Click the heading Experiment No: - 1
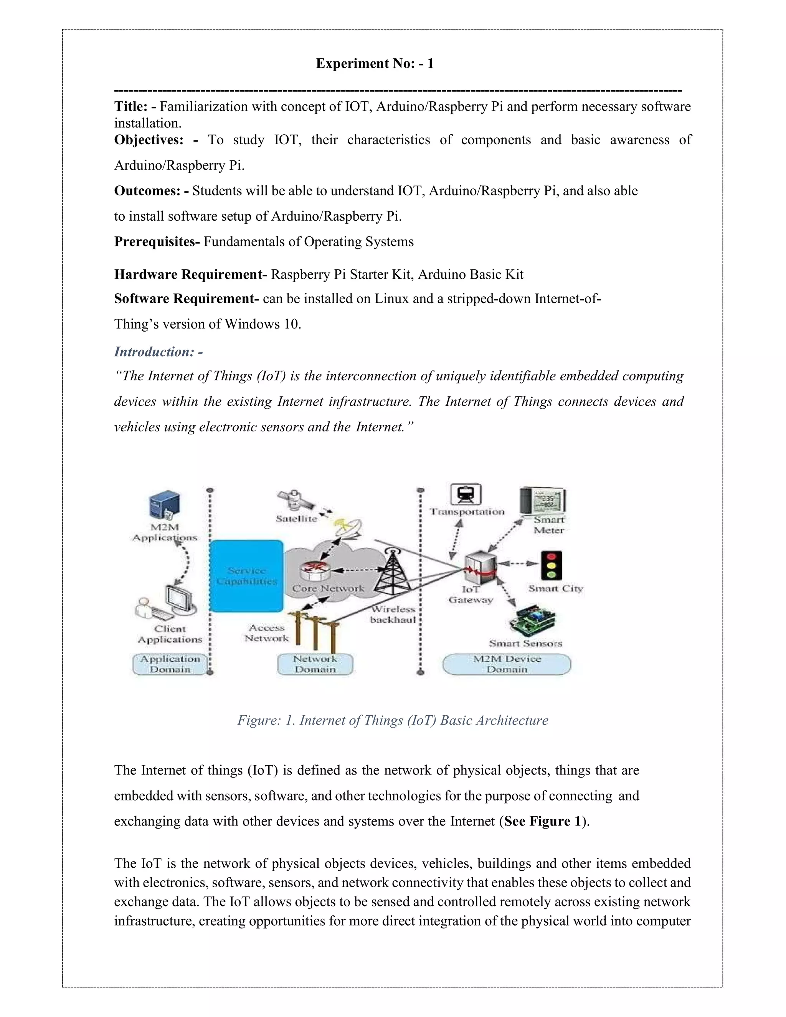pyautogui.click(x=374, y=63)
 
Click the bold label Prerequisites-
pyautogui.click(x=157, y=242)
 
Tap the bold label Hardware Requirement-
pyautogui.click(x=190, y=274)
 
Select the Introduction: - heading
pyautogui.click(x=159, y=352)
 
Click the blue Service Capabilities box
pyautogui.click(x=246, y=576)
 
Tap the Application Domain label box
pyautogui.click(x=170, y=664)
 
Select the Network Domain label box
pyautogui.click(x=315, y=664)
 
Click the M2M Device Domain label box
pyautogui.click(x=507, y=664)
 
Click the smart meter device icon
pyautogui.click(x=543, y=501)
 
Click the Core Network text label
pyautogui.click(x=328, y=589)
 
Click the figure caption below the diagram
pyautogui.click(x=393, y=720)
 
